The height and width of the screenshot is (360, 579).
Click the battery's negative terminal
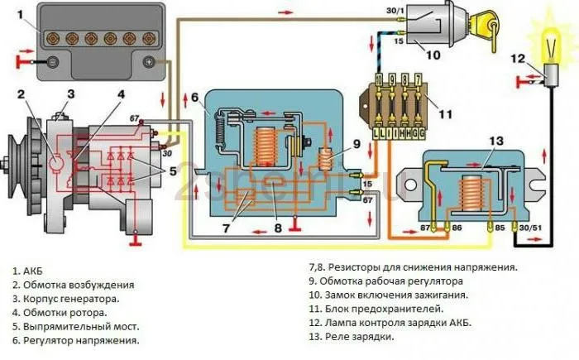[52, 61]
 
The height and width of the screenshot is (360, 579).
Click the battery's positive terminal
[150, 61]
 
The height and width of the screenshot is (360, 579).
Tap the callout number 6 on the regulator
[195, 98]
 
